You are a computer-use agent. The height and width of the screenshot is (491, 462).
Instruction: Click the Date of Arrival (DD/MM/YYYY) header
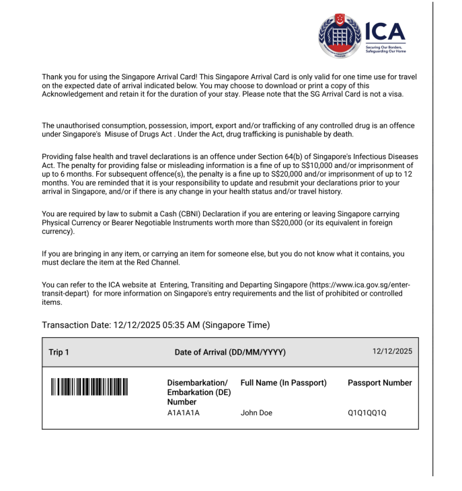230,352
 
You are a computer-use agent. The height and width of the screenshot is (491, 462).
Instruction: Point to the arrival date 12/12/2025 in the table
392,351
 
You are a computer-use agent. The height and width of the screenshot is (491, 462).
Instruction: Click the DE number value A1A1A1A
184,413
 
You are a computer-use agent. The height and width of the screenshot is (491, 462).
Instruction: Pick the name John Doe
256,413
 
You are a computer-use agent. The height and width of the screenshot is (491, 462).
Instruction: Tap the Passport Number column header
379,383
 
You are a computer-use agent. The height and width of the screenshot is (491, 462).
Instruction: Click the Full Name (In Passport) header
283,383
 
